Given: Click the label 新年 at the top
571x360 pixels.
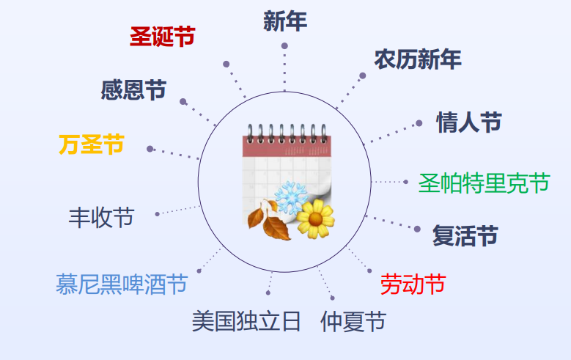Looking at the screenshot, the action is (x=285, y=21).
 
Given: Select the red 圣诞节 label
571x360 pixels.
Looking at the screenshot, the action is (x=163, y=37).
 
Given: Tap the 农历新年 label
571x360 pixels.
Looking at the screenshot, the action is (x=418, y=59).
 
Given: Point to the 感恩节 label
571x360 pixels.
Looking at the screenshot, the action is (x=133, y=90).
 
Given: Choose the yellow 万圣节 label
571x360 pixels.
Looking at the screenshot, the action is (x=92, y=144).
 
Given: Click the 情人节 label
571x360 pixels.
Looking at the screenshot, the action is (x=469, y=122).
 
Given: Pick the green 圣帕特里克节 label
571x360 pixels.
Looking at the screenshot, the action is (x=484, y=183).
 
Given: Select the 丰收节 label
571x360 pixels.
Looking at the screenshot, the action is (x=102, y=218).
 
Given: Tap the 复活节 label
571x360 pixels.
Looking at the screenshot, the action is (x=465, y=235).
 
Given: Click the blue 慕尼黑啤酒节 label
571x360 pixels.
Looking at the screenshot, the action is (x=122, y=284).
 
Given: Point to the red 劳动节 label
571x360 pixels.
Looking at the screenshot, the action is (x=413, y=284).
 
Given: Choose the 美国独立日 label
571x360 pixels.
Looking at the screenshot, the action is (x=246, y=321).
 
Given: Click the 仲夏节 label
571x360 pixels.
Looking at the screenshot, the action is (x=353, y=321).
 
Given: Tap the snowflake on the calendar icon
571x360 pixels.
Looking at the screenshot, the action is (x=291, y=197).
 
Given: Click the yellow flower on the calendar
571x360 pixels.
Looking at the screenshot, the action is (x=315, y=218).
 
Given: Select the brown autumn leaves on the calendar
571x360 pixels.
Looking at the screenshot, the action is (x=269, y=221).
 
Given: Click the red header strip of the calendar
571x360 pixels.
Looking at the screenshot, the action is (x=287, y=147).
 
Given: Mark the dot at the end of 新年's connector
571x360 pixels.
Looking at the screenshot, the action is (x=284, y=46).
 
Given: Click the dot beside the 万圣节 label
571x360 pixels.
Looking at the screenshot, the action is (x=150, y=149).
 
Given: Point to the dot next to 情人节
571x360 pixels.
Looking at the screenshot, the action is (x=419, y=123).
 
